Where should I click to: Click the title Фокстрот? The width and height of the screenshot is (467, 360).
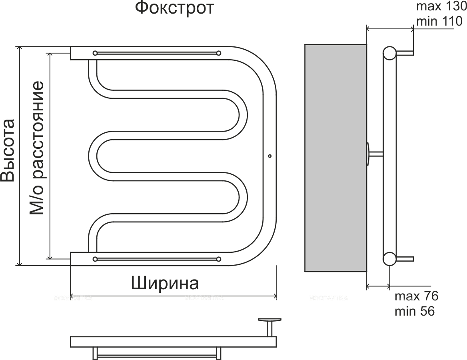(x=174, y=8)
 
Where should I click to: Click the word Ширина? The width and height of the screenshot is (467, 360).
(x=165, y=283)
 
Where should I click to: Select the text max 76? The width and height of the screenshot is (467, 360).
(x=416, y=296)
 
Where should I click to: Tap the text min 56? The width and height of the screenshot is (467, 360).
(x=414, y=311)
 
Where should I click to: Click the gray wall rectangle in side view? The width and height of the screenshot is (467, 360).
(x=335, y=158)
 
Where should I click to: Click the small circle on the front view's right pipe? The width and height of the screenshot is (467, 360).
(x=269, y=156)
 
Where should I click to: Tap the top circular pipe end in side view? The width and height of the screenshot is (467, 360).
(x=389, y=53)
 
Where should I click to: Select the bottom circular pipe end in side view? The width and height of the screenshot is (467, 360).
(x=389, y=258)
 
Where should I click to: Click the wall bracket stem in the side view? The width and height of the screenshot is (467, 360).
(x=375, y=154)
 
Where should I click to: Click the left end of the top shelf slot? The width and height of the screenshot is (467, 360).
(x=95, y=53)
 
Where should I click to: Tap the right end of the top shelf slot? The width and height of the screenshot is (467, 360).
(x=218, y=53)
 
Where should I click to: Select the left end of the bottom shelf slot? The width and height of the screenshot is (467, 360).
(x=95, y=259)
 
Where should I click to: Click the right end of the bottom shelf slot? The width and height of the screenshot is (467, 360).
(x=218, y=259)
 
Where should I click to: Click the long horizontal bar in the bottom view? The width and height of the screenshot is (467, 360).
(x=173, y=341)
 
